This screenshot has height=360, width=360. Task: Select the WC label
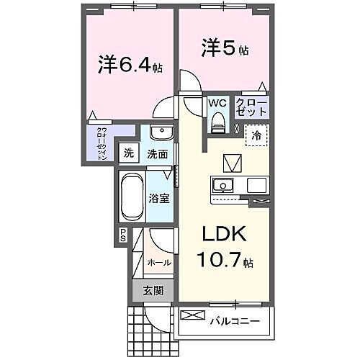(218, 103)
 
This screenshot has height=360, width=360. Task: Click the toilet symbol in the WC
(218, 123)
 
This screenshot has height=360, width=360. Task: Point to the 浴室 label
(160, 198)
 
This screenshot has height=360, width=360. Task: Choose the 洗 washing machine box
(127, 153)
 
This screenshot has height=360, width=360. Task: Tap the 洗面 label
(158, 153)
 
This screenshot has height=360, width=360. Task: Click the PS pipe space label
(122, 235)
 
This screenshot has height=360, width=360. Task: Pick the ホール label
(160, 263)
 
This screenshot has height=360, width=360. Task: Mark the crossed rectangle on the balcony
(192, 315)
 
